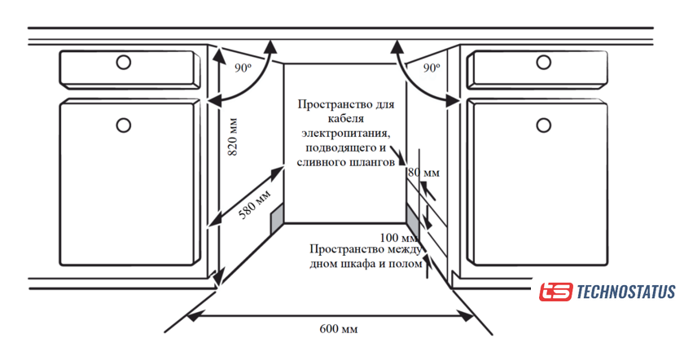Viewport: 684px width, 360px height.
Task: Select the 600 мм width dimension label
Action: pos(338,329)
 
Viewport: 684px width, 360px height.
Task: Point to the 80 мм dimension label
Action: pos(423,173)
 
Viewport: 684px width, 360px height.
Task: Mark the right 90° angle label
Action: pos(432,69)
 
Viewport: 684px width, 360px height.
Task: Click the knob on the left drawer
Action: pos(123,62)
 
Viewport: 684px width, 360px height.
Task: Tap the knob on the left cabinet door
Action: pos(123,125)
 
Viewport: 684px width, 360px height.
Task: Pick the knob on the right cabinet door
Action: pos(543,125)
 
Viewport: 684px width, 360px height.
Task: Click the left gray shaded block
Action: pos(277,215)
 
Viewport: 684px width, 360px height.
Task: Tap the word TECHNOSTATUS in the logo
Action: pos(625,292)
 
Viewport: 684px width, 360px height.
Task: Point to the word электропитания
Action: pos(345,134)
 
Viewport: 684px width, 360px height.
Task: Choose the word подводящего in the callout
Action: pos(340,147)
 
